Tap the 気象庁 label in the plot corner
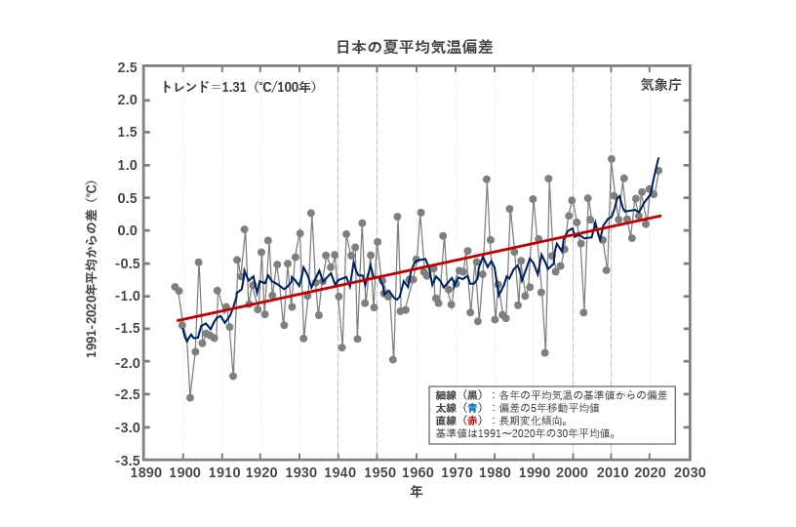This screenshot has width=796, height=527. tap(660, 86)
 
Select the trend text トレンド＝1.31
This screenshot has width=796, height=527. tap(239, 87)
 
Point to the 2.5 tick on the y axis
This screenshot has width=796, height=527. tap(127, 67)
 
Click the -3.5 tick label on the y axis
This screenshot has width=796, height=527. tap(125, 460)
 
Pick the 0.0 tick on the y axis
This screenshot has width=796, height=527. tap(127, 230)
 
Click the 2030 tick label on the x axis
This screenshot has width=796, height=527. tap(690, 472)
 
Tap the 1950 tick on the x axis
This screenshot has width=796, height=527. tap(378, 472)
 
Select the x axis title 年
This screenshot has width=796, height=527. tap(417, 492)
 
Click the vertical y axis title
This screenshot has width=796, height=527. tap(92, 268)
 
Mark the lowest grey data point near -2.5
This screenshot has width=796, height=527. tap(190, 397)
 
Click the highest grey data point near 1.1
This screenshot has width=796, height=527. tap(612, 159)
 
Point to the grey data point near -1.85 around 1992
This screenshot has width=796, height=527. tap(544, 352)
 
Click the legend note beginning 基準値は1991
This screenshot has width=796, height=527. tap(525, 432)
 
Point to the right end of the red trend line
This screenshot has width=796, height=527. tap(661, 215)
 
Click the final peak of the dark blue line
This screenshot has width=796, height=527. tap(658, 158)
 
